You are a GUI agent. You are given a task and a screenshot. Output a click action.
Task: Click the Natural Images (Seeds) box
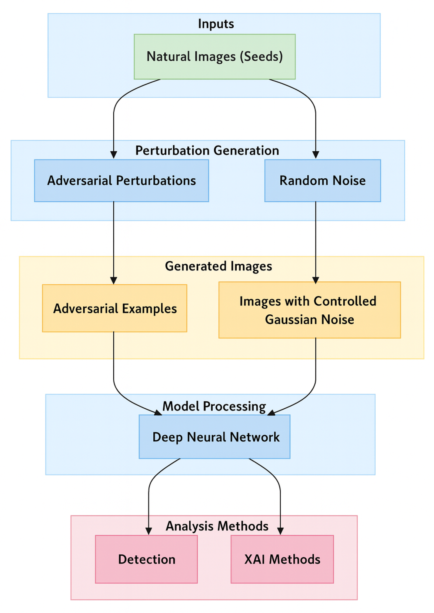(215, 57)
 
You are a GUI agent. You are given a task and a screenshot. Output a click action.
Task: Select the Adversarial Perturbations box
(121, 180)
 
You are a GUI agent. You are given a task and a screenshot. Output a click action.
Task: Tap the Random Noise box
(322, 180)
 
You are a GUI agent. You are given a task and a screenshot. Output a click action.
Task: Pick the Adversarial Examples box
(115, 308)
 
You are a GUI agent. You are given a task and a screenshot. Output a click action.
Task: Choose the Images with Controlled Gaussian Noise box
(309, 310)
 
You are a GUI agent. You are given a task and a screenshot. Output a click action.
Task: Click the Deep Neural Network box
(215, 437)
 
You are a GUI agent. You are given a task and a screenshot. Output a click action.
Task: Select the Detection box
(146, 559)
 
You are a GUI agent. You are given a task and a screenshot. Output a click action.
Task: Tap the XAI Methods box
(282, 559)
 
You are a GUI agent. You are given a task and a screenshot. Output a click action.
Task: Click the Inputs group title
(216, 24)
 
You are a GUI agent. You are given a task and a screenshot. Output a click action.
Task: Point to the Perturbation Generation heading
(207, 150)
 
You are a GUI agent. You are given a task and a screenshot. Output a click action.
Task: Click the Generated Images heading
(218, 266)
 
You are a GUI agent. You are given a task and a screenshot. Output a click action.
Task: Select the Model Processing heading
(214, 406)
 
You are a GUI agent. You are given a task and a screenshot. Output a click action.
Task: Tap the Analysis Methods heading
(217, 526)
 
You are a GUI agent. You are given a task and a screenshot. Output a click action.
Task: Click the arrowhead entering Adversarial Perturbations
(114, 155)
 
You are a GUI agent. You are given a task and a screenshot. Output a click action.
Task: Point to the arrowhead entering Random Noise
(315, 155)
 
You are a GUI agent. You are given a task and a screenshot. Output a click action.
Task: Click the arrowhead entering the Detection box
(149, 531)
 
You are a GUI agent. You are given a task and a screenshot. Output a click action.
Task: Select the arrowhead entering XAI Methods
(280, 531)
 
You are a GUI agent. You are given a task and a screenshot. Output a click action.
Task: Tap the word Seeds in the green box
(261, 57)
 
